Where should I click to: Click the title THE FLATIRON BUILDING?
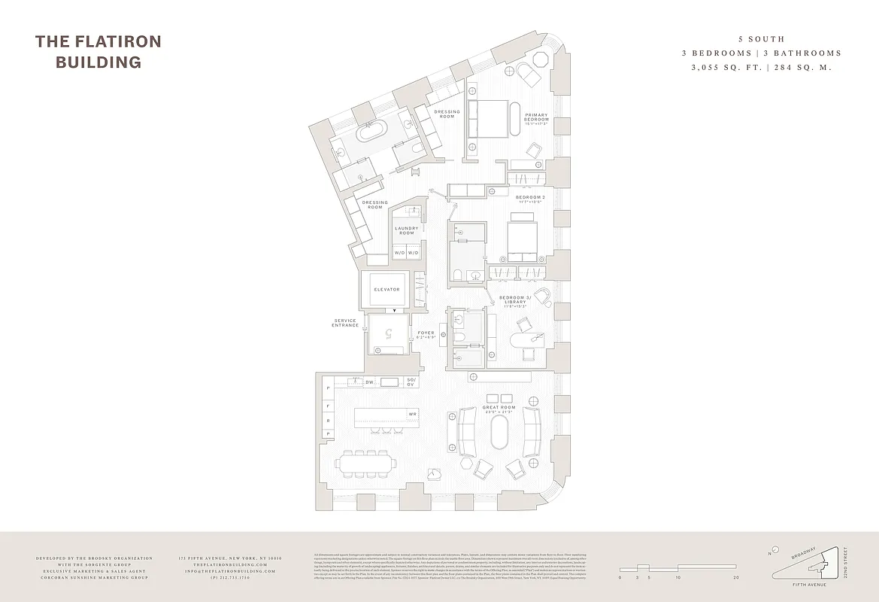pos(98,51)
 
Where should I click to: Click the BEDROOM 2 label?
pos(531,199)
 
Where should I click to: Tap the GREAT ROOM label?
pos(499,409)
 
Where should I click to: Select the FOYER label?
pos(426,335)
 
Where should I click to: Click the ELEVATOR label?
pos(387,290)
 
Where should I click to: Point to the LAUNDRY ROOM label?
pos(407,230)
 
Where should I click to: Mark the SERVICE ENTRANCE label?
pos(345,323)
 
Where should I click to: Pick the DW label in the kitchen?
pos(369,382)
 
